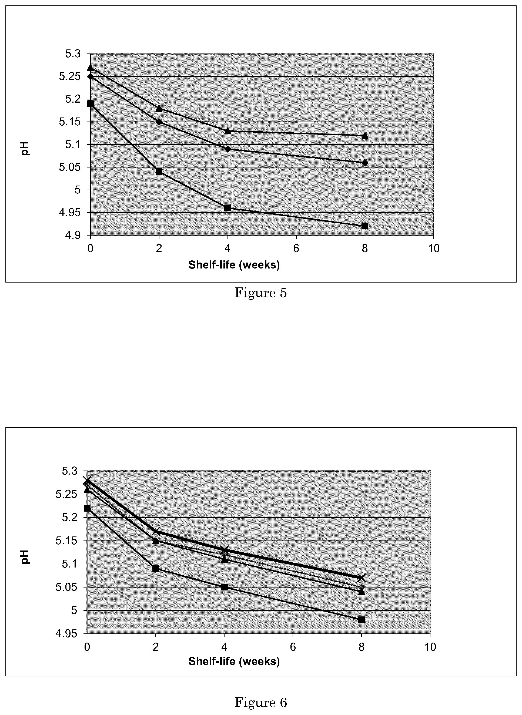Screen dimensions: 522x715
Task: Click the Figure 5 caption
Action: pyautogui.click(x=261, y=293)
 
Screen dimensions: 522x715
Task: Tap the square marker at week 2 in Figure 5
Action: pyautogui.click(x=159, y=172)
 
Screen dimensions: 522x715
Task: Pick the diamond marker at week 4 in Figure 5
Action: pyautogui.click(x=227, y=149)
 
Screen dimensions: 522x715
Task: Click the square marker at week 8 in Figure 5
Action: pyautogui.click(x=365, y=226)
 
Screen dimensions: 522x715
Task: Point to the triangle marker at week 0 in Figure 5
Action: pyautogui.click(x=90, y=67)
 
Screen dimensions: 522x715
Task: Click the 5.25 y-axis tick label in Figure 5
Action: pyautogui.click(x=70, y=77)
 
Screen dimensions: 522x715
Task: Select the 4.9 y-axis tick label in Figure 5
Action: pyautogui.click(x=73, y=236)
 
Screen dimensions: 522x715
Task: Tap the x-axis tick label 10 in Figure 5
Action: pyautogui.click(x=434, y=249)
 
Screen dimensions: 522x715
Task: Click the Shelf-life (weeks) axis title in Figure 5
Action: pyautogui.click(x=234, y=265)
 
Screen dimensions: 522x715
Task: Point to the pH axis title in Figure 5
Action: pyautogui.click(x=25, y=149)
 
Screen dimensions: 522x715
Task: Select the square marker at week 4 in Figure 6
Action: pyautogui.click(x=224, y=587)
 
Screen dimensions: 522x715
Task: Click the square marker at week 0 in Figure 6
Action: pyautogui.click(x=87, y=508)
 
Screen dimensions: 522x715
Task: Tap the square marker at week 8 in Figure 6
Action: pyautogui.click(x=362, y=620)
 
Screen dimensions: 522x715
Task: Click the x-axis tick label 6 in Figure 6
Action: pyautogui.click(x=293, y=647)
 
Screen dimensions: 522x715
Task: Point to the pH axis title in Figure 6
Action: pyautogui.click(x=25, y=557)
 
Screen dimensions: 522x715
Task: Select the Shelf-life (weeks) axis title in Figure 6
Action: pyautogui.click(x=234, y=661)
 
